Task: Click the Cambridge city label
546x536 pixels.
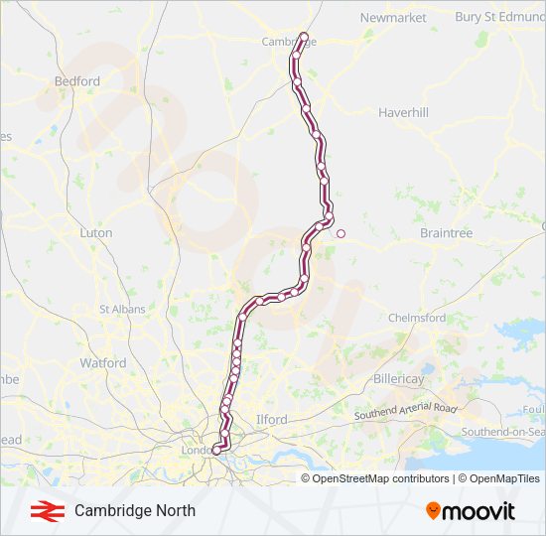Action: point(282,42)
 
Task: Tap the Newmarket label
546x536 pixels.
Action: point(392,18)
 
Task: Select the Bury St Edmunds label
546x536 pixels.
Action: point(499,17)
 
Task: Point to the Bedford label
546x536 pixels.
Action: point(77,80)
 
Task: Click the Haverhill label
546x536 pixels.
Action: point(403,113)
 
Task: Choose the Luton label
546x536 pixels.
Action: point(95,232)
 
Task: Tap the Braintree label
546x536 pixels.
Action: point(446,232)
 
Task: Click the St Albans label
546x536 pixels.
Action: point(122,310)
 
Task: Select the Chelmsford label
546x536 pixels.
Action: point(417,318)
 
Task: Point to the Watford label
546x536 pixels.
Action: point(103,363)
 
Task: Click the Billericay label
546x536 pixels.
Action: point(399,380)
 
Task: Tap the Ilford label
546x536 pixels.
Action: point(271,420)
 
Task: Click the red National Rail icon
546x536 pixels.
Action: point(43,511)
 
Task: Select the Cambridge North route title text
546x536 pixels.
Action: point(135,511)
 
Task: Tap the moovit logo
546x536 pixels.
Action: point(471,511)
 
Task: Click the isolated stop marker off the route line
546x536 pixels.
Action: point(341,234)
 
